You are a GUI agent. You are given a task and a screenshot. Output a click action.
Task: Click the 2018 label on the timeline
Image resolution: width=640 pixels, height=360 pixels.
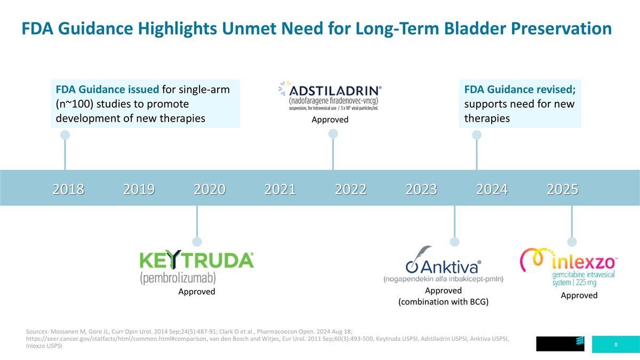[x=68, y=189]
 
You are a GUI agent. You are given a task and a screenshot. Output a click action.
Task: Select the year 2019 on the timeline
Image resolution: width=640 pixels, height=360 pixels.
[x=139, y=189]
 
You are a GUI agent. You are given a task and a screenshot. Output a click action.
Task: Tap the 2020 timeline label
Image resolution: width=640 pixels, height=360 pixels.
[x=209, y=189]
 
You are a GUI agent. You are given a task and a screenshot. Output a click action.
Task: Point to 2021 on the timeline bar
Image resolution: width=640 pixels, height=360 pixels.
[x=280, y=189]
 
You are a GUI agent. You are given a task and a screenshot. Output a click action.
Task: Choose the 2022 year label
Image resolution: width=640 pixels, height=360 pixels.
[x=350, y=189]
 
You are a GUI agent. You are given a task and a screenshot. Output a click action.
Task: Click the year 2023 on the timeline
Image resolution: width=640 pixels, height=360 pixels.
[x=421, y=189]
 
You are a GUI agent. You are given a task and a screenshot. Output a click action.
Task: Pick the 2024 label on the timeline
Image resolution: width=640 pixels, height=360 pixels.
[x=492, y=189]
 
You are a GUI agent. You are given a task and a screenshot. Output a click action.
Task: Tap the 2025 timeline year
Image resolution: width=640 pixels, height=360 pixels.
[x=562, y=189]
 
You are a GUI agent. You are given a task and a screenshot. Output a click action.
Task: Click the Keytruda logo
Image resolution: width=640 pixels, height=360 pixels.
[x=196, y=267]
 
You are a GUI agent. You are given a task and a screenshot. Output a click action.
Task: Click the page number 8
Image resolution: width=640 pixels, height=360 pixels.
[x=616, y=345]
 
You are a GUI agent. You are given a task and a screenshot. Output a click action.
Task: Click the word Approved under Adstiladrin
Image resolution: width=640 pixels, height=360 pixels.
[x=330, y=119]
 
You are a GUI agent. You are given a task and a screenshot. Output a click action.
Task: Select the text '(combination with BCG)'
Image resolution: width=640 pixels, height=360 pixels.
[x=443, y=302]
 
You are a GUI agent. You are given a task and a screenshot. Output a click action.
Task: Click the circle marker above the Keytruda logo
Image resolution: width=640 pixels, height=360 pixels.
[x=197, y=241]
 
